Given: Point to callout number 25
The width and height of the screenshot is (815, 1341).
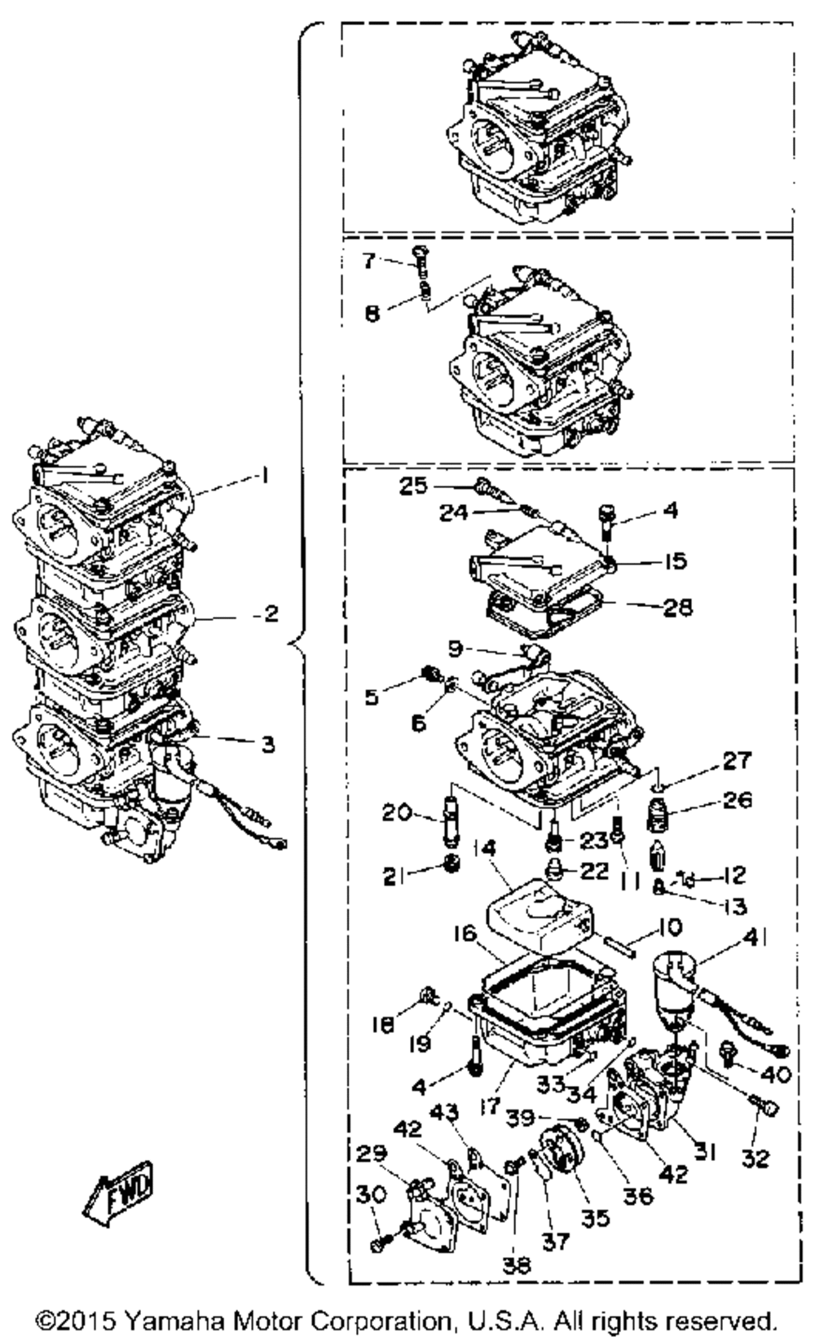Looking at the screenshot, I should point(413,486).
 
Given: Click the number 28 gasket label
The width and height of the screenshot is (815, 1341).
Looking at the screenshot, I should point(679,607).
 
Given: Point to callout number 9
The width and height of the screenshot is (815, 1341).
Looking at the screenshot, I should point(455,649).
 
